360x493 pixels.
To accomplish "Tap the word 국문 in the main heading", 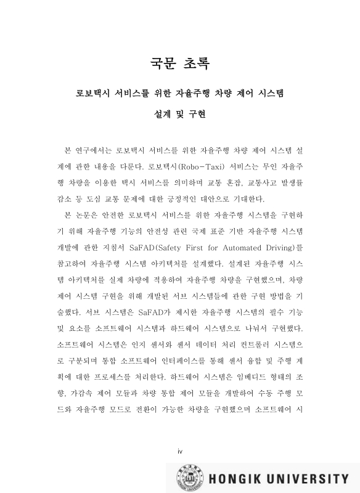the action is coord(164,63).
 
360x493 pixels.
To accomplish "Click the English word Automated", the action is coord(251,247).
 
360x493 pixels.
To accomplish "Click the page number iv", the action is coord(180,452).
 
